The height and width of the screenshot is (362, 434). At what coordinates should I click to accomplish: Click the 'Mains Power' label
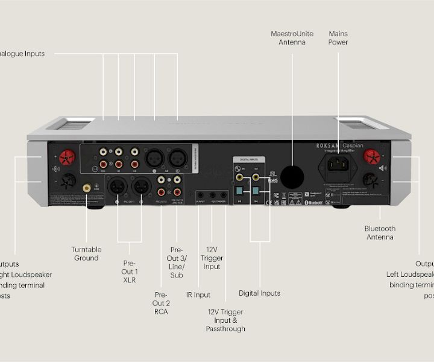tap(338, 38)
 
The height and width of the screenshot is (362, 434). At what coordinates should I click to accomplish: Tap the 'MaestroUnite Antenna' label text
tap(292, 38)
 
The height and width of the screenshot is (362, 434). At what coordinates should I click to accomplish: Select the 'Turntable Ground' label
tap(86, 253)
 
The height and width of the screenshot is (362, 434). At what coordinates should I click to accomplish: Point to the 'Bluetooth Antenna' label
tap(380, 233)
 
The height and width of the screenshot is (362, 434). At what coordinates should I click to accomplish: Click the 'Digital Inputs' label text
tap(259, 293)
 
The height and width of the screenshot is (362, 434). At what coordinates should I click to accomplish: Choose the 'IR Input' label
tap(198, 295)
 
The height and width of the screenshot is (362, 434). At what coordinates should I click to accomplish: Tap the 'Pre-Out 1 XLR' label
tap(130, 271)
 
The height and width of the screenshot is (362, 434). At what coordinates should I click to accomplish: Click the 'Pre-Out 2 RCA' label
tap(160, 303)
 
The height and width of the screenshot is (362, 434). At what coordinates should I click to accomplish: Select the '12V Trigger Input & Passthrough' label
tap(225, 320)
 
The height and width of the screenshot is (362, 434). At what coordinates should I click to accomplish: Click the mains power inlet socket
tap(338, 164)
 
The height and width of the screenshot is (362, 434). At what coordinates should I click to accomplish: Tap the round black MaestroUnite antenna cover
tap(292, 176)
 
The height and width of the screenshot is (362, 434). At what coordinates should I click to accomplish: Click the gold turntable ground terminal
tap(87, 188)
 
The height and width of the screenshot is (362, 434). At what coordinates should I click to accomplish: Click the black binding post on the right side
tap(370, 180)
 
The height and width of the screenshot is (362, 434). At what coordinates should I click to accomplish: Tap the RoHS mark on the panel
tap(272, 179)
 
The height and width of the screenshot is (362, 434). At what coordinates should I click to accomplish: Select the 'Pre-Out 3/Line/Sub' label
tap(177, 262)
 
